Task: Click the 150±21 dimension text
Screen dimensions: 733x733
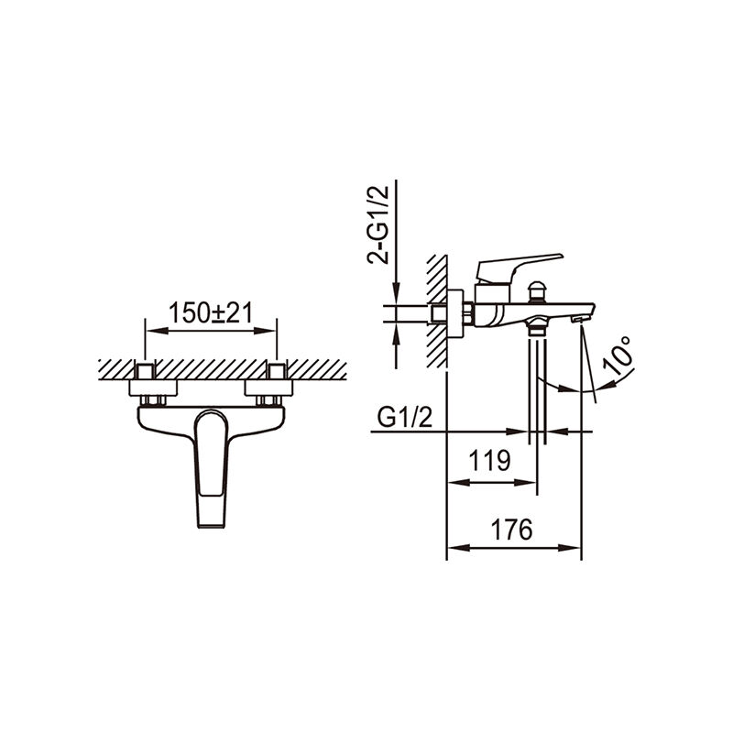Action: pos(211,313)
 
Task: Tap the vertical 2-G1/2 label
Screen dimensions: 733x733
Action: pos(377,224)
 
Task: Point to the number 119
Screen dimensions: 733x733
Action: pos(490,461)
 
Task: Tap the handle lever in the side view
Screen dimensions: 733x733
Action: pos(518,264)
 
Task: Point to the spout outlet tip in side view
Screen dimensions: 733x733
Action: pos(578,318)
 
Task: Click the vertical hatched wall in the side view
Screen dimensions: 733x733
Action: pos(436,312)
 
